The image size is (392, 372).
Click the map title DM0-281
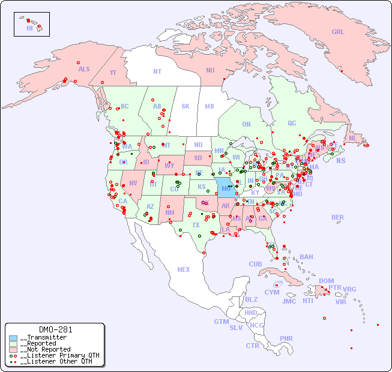click(55, 329)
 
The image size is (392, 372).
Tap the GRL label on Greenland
click(338, 32)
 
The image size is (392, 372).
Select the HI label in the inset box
click(29, 28)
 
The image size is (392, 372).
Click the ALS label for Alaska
click(84, 69)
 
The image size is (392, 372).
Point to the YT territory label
click(113, 73)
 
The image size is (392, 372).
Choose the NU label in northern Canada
click(210, 70)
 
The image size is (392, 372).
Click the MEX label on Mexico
click(184, 269)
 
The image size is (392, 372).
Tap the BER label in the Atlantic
click(337, 217)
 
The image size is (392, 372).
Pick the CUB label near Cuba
click(255, 264)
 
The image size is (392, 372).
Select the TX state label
click(196, 225)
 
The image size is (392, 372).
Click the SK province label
click(185, 106)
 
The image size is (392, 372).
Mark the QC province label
click(292, 123)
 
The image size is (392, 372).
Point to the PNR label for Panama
click(286, 338)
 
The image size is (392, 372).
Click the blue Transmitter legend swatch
click(13, 338)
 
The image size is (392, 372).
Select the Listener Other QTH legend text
click(56, 361)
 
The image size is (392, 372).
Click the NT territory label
click(157, 71)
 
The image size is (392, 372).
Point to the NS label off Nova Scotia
click(341, 161)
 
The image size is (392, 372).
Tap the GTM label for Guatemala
click(221, 322)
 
